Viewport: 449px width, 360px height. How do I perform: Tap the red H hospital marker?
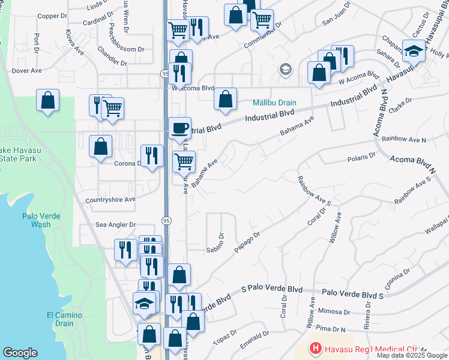coord(315,348)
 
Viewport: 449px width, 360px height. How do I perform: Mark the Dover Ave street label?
coord(26,70)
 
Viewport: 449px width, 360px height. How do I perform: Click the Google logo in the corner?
coord(20,353)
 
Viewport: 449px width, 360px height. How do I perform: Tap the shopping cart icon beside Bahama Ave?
coord(184,161)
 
